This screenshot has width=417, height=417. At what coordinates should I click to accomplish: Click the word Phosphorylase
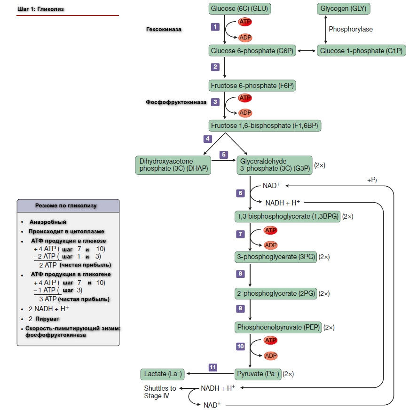351,29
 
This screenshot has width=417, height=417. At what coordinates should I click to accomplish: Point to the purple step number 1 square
215,27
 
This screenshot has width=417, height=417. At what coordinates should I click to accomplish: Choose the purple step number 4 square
208,139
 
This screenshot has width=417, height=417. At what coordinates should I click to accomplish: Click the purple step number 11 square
212,367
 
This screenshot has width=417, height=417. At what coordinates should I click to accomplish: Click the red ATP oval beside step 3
245,98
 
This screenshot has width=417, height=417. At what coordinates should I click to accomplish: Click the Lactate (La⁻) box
162,374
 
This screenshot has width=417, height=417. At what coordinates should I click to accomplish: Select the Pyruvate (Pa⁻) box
258,374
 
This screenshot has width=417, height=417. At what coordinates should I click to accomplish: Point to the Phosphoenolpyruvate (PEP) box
278,327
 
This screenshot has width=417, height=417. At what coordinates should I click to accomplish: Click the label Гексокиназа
164,29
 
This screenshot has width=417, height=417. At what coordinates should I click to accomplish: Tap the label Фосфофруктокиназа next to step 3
176,102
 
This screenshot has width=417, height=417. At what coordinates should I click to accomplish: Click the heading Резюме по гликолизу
66,205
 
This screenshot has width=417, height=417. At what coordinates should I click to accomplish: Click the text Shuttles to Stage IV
160,392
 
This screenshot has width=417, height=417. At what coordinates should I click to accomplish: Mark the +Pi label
372,181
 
